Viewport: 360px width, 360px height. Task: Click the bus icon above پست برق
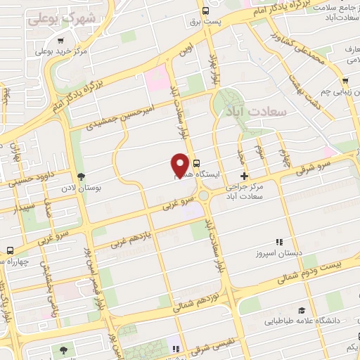pos(205,11)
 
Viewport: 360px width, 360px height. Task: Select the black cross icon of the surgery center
pos(244,176)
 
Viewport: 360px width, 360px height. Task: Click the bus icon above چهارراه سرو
pos(10,250)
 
